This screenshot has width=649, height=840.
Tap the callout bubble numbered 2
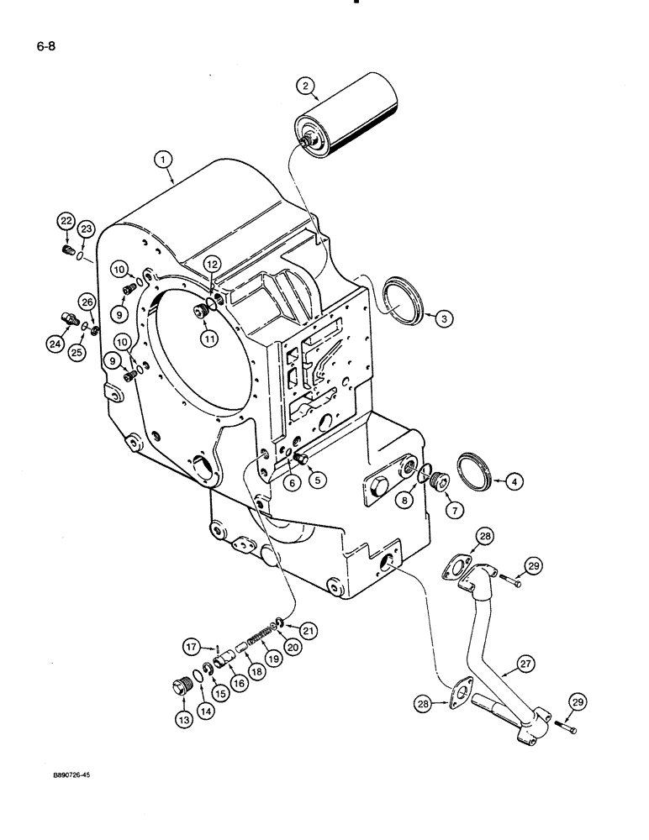(305, 84)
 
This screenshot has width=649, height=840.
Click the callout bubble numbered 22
(66, 222)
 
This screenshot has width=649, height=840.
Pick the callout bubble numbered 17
(191, 646)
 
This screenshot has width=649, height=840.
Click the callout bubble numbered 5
(316, 480)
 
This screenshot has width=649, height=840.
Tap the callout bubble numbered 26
(87, 302)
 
